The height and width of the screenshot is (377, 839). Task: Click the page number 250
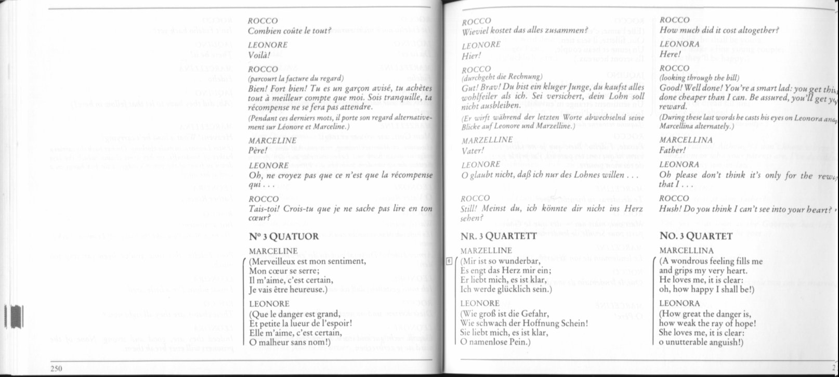[57, 368]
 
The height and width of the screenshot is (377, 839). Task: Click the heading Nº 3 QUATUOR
[284, 237]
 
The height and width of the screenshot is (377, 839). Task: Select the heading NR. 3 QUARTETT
[499, 236]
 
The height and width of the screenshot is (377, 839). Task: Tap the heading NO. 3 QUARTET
[696, 236]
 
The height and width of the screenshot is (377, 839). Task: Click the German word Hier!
[470, 55]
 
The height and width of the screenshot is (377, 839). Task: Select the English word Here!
[670, 54]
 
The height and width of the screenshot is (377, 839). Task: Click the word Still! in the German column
[471, 209]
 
